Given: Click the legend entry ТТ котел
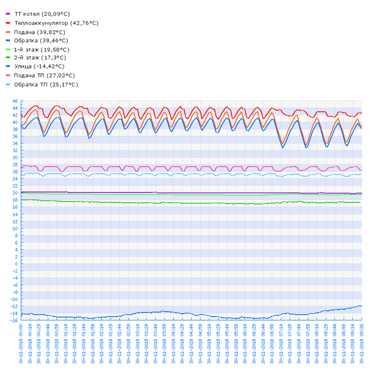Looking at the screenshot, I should click(42, 14).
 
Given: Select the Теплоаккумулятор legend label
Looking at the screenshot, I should click(56, 23).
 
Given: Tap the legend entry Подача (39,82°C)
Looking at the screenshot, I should click(39, 32).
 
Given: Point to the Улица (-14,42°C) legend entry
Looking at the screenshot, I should click(39, 66).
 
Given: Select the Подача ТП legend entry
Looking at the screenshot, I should click(44, 75).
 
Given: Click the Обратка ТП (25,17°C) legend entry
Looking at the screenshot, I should click(46, 84).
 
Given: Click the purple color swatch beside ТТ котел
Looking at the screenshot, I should click(8, 14).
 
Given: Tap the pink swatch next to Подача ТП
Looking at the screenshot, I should click(8, 75).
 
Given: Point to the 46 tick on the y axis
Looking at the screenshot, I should click(15, 101).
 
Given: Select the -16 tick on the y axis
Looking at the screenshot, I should click(14, 320).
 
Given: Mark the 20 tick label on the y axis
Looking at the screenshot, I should click(15, 193).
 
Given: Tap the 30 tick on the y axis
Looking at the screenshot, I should click(15, 158).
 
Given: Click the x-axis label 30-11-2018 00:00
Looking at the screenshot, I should click(21, 344).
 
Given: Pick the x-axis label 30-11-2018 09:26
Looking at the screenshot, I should click(361, 344).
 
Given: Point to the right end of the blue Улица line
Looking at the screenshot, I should click(361, 306).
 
